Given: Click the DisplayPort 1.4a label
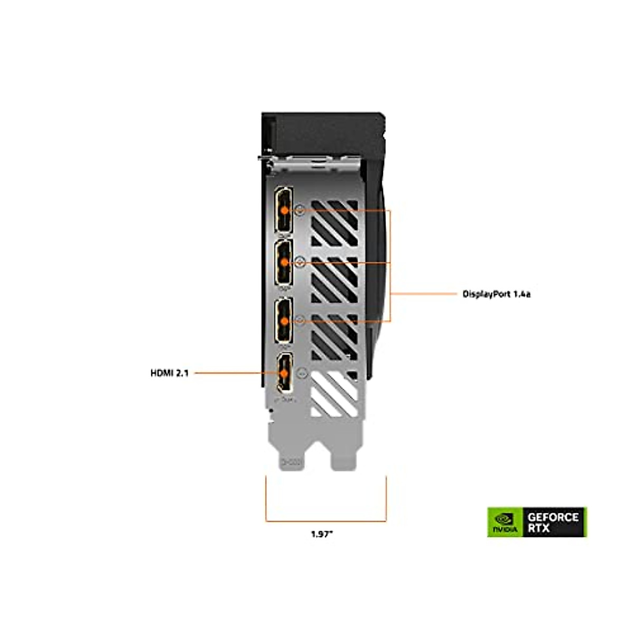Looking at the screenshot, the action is (x=496, y=294).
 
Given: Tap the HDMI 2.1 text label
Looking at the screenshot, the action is (x=169, y=373).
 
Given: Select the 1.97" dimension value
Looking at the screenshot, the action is (x=322, y=534).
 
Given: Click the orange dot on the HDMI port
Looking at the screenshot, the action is (x=285, y=373).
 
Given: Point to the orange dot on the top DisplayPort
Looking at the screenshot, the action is (x=285, y=210).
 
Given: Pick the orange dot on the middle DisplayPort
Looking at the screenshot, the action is (x=285, y=262).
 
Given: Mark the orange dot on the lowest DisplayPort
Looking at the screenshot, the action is (x=285, y=320).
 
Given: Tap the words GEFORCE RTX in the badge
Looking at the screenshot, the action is (x=553, y=522).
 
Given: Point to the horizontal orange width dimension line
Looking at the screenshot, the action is (x=325, y=521).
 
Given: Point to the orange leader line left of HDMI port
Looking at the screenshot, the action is (x=227, y=373).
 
